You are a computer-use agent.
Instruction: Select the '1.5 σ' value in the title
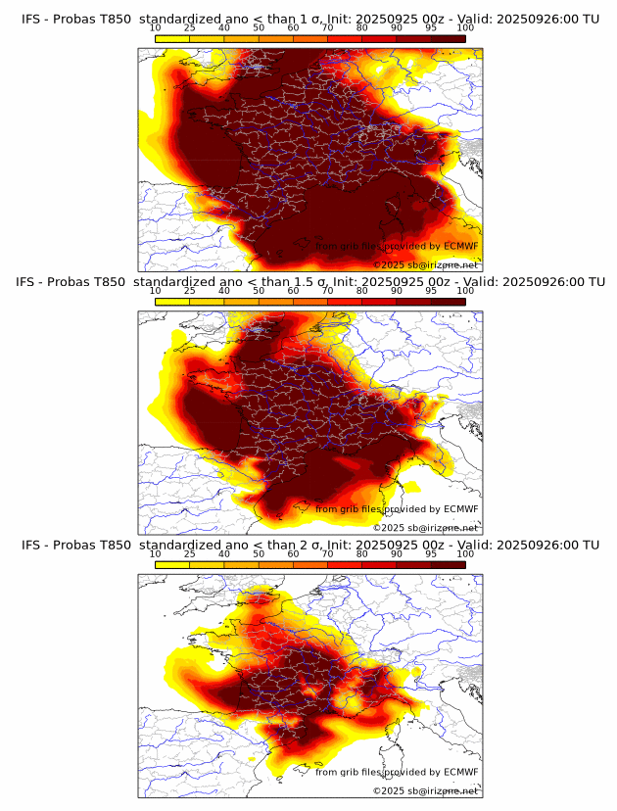[x=328, y=282]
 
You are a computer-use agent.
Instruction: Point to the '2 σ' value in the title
[x=323, y=545]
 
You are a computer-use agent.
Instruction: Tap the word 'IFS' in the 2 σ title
[x=32, y=545]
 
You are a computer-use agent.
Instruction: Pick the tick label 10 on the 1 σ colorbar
[x=155, y=28]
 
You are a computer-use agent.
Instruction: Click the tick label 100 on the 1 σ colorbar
[x=465, y=28]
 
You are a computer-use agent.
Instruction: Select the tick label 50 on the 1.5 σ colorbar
[x=259, y=291]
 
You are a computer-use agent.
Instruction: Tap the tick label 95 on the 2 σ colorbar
[x=431, y=553]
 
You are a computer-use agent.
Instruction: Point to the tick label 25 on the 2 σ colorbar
[x=190, y=553]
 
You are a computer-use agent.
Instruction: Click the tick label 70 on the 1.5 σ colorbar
[x=327, y=291]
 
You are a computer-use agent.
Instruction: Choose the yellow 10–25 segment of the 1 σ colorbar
[x=172, y=38]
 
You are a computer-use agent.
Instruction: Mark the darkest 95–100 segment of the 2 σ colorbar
[x=448, y=563]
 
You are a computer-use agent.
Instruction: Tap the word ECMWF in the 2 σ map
[x=460, y=772]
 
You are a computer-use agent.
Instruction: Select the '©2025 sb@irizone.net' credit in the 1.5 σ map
[x=426, y=527]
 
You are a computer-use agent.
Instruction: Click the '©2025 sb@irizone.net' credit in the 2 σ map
[x=426, y=789]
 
